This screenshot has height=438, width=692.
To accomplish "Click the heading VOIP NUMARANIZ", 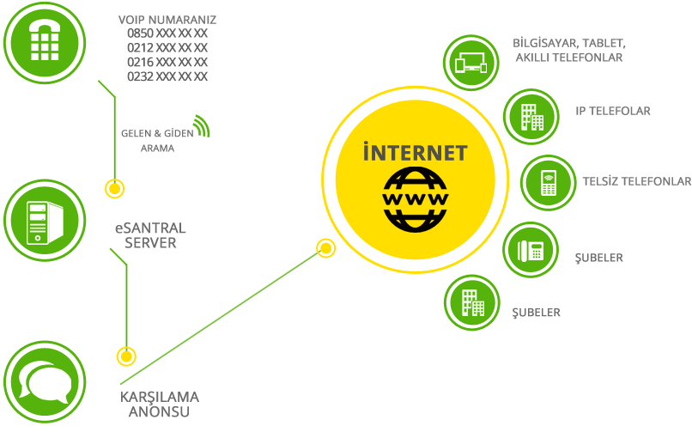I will (x=167, y=19).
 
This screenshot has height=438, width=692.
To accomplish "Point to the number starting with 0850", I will (x=167, y=33).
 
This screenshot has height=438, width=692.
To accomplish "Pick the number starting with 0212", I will (x=167, y=48).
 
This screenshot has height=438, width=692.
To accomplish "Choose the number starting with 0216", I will (x=167, y=62).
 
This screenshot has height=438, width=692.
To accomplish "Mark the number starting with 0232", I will (x=167, y=76).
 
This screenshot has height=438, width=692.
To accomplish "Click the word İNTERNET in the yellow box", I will (x=415, y=153).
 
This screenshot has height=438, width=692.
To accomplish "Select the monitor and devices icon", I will (x=470, y=63).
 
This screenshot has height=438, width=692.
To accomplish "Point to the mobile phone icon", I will (x=547, y=182).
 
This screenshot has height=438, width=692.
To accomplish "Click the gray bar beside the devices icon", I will (x=569, y=49).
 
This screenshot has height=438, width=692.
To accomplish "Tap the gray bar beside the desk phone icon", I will (x=598, y=259).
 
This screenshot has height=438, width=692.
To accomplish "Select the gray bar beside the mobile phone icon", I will (x=635, y=180).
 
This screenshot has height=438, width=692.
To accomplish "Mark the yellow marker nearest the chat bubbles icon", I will (x=127, y=356).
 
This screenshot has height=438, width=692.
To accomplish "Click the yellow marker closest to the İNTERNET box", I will (x=325, y=247).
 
